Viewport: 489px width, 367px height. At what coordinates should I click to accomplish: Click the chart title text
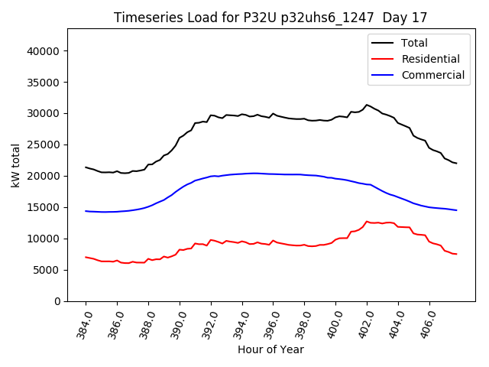(x=270, y=17)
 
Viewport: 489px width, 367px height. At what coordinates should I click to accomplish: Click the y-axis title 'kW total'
(x=17, y=165)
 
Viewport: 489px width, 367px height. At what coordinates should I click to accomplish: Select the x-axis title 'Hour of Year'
(x=270, y=349)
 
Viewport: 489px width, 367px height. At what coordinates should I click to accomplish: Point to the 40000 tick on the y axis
(x=44, y=51)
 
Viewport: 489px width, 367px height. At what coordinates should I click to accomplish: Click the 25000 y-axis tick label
(x=44, y=145)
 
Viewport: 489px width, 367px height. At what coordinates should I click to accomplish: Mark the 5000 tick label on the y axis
(x=47, y=270)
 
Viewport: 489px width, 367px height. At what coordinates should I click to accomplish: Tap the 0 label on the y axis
(x=57, y=301)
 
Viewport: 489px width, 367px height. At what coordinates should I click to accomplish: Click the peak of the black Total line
(x=367, y=105)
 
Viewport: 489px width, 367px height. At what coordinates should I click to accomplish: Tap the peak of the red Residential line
(x=367, y=222)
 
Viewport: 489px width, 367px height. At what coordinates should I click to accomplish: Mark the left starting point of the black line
(x=86, y=167)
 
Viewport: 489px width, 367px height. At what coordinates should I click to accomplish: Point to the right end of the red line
(x=456, y=254)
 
